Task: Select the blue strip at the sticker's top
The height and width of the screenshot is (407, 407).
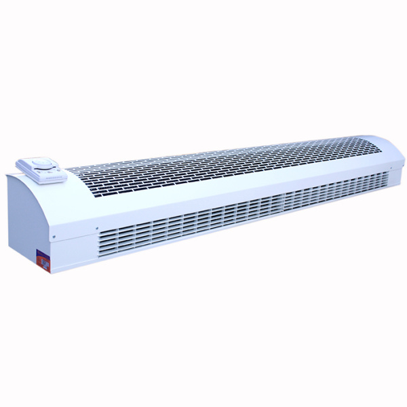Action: (42, 252)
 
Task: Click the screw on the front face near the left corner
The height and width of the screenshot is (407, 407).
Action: (97, 228)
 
